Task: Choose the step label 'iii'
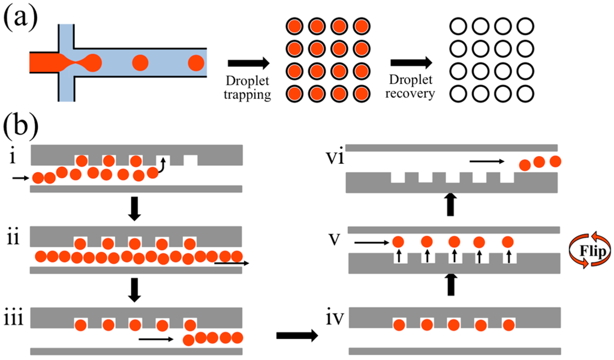[x=14, y=317]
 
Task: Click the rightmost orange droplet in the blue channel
[x=195, y=62]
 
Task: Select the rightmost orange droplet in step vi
[x=555, y=161]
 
